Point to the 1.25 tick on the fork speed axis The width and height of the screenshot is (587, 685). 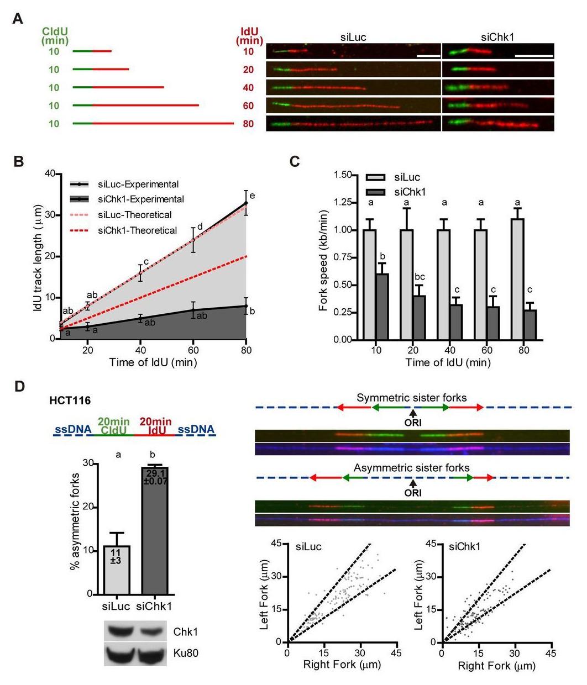pos(344,203)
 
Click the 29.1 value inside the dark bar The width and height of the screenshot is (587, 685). pos(155,473)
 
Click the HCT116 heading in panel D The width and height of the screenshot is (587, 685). pos(68,401)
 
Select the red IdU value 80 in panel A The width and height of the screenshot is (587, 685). pos(248,124)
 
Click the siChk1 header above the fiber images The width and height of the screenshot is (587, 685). pos(498,38)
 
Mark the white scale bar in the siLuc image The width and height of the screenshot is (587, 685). pos(428,55)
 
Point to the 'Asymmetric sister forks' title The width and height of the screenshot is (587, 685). pos(412,468)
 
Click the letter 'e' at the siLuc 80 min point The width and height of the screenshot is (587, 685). pos(251,196)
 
